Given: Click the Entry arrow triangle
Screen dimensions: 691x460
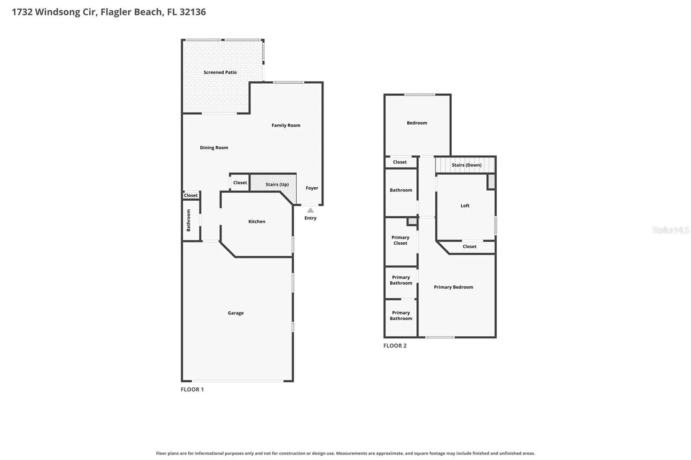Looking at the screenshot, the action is point(311,210).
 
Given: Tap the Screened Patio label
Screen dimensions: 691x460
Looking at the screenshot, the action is point(220,72).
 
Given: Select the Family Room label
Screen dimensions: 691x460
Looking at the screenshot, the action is point(285,125).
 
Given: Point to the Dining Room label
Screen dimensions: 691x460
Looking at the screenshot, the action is point(214,148).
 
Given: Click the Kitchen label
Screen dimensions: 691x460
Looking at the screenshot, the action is point(257,221).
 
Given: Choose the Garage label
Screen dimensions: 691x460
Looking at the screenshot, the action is point(236,313).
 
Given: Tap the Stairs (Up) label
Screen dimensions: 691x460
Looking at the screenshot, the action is point(277,184).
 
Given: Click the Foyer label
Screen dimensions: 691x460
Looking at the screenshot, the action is point(312,188).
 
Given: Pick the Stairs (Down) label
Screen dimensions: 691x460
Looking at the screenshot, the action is point(466,165).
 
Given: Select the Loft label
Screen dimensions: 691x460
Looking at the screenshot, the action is point(465,206).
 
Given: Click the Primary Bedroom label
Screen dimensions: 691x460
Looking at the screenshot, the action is point(453,287).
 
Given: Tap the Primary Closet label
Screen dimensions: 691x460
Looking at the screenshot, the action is point(400,240).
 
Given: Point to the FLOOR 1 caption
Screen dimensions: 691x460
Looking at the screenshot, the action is point(192,389).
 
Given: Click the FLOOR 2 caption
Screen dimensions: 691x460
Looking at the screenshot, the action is point(395,346).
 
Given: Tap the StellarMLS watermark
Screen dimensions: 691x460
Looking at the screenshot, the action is point(671,230).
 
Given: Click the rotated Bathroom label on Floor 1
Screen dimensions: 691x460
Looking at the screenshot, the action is point(188,220).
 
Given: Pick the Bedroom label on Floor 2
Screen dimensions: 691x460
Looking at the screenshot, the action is point(417,123).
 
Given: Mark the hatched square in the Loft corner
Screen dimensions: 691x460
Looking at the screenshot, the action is point(491,182).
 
